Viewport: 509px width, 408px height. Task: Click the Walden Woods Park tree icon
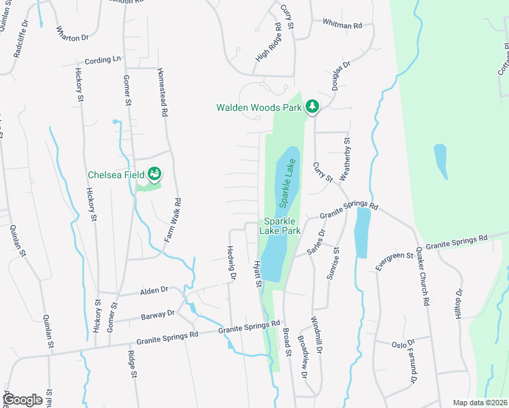click(x=312, y=107)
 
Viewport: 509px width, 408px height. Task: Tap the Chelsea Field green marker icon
click(x=155, y=175)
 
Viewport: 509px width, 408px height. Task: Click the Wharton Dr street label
click(x=72, y=33)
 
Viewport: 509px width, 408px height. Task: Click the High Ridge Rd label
click(x=269, y=43)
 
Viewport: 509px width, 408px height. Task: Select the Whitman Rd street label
click(x=342, y=25)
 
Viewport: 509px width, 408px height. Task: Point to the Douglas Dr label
click(x=342, y=75)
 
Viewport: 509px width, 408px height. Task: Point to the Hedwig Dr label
click(x=231, y=263)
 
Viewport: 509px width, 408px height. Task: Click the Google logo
click(x=24, y=399)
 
